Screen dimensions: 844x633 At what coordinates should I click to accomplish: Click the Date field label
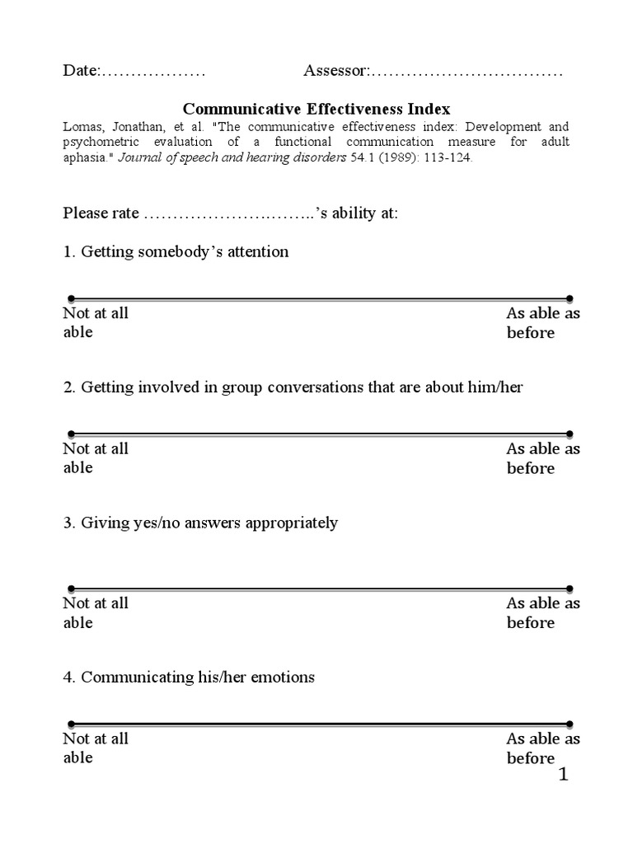[81, 72]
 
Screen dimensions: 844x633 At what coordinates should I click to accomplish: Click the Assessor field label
[335, 72]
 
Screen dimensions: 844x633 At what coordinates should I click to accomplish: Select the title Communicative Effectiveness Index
[316, 109]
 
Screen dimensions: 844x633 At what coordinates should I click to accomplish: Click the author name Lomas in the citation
[83, 128]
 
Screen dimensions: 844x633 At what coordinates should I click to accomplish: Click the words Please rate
[101, 213]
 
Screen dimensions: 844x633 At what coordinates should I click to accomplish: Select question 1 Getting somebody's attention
[176, 252]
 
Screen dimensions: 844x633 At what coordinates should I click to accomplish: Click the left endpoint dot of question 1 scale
[71, 298]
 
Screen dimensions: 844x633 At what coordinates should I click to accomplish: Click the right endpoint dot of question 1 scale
[570, 298]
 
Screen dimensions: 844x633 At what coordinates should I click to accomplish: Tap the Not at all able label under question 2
[95, 458]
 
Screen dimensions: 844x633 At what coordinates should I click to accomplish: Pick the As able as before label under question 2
[542, 458]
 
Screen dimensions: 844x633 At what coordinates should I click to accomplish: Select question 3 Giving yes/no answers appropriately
[200, 523]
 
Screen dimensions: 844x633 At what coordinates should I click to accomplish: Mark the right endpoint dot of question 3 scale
[570, 588]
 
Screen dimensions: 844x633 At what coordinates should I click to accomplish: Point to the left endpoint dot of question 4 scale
[71, 724]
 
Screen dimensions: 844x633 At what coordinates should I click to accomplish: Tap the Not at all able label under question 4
[95, 748]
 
